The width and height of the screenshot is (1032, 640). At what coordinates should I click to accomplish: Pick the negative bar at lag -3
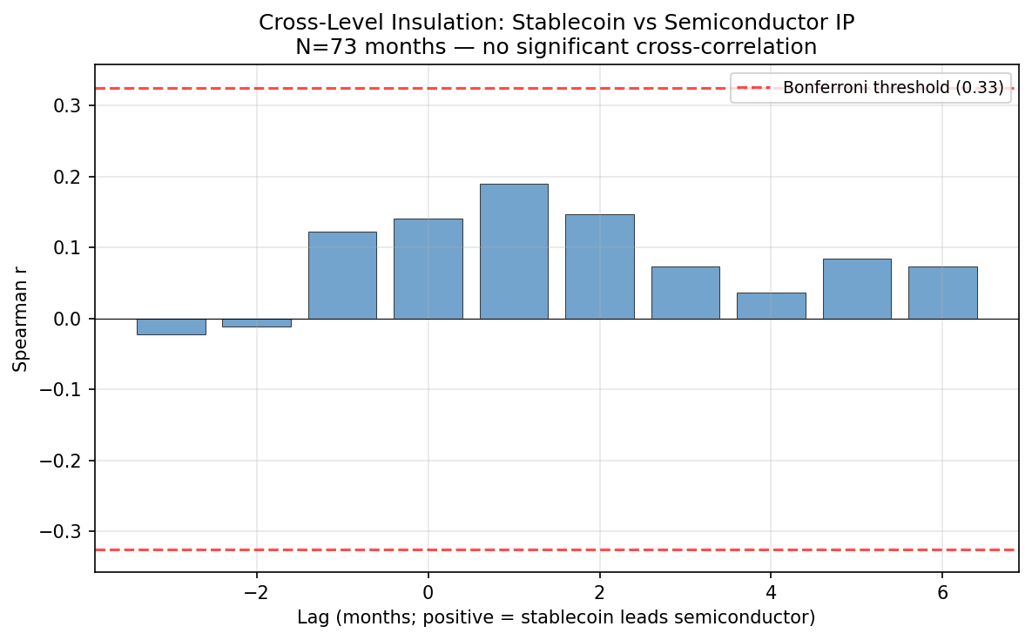pyautogui.click(x=171, y=327)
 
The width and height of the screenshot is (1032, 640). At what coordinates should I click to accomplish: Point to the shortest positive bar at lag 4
pyautogui.click(x=771, y=306)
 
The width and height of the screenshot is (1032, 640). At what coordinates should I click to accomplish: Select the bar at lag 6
pyautogui.click(x=942, y=293)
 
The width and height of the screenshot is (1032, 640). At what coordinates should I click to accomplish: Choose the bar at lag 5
pyautogui.click(x=857, y=288)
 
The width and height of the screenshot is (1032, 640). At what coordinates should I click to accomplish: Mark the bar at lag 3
pyautogui.click(x=685, y=293)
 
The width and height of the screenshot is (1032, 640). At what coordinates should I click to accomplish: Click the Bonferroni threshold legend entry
pyautogui.click(x=871, y=88)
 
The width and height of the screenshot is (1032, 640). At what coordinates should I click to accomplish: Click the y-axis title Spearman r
pyautogui.click(x=21, y=319)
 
